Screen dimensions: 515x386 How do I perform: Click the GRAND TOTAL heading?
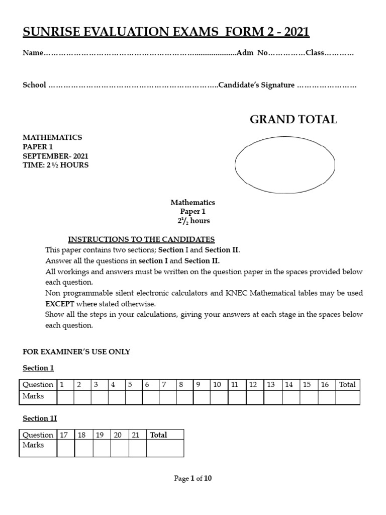(294, 119)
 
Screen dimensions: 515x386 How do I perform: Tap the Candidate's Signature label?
(256, 85)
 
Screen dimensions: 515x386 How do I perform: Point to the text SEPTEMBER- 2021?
(56, 156)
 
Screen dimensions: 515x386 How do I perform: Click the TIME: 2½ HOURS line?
(56, 165)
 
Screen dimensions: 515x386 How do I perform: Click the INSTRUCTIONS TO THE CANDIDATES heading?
(141, 239)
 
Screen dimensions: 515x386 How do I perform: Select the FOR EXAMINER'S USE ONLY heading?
(76, 352)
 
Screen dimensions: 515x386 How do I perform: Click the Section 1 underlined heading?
(38, 368)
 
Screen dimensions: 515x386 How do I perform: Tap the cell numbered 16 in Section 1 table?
(325, 385)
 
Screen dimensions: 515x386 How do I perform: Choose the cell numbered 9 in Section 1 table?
(199, 385)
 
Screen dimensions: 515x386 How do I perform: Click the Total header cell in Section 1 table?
(347, 385)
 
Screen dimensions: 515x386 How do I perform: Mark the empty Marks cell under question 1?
(65, 397)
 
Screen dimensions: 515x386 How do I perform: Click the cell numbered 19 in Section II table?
(100, 435)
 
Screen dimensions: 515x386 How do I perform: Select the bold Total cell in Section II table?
(159, 435)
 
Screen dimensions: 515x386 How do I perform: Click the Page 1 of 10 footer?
(192, 479)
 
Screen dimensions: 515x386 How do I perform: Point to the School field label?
(34, 85)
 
